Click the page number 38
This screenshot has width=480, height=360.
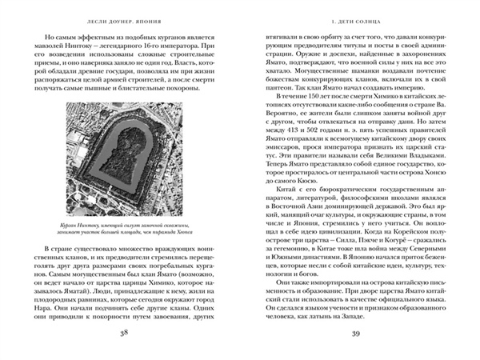coord(122,333)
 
